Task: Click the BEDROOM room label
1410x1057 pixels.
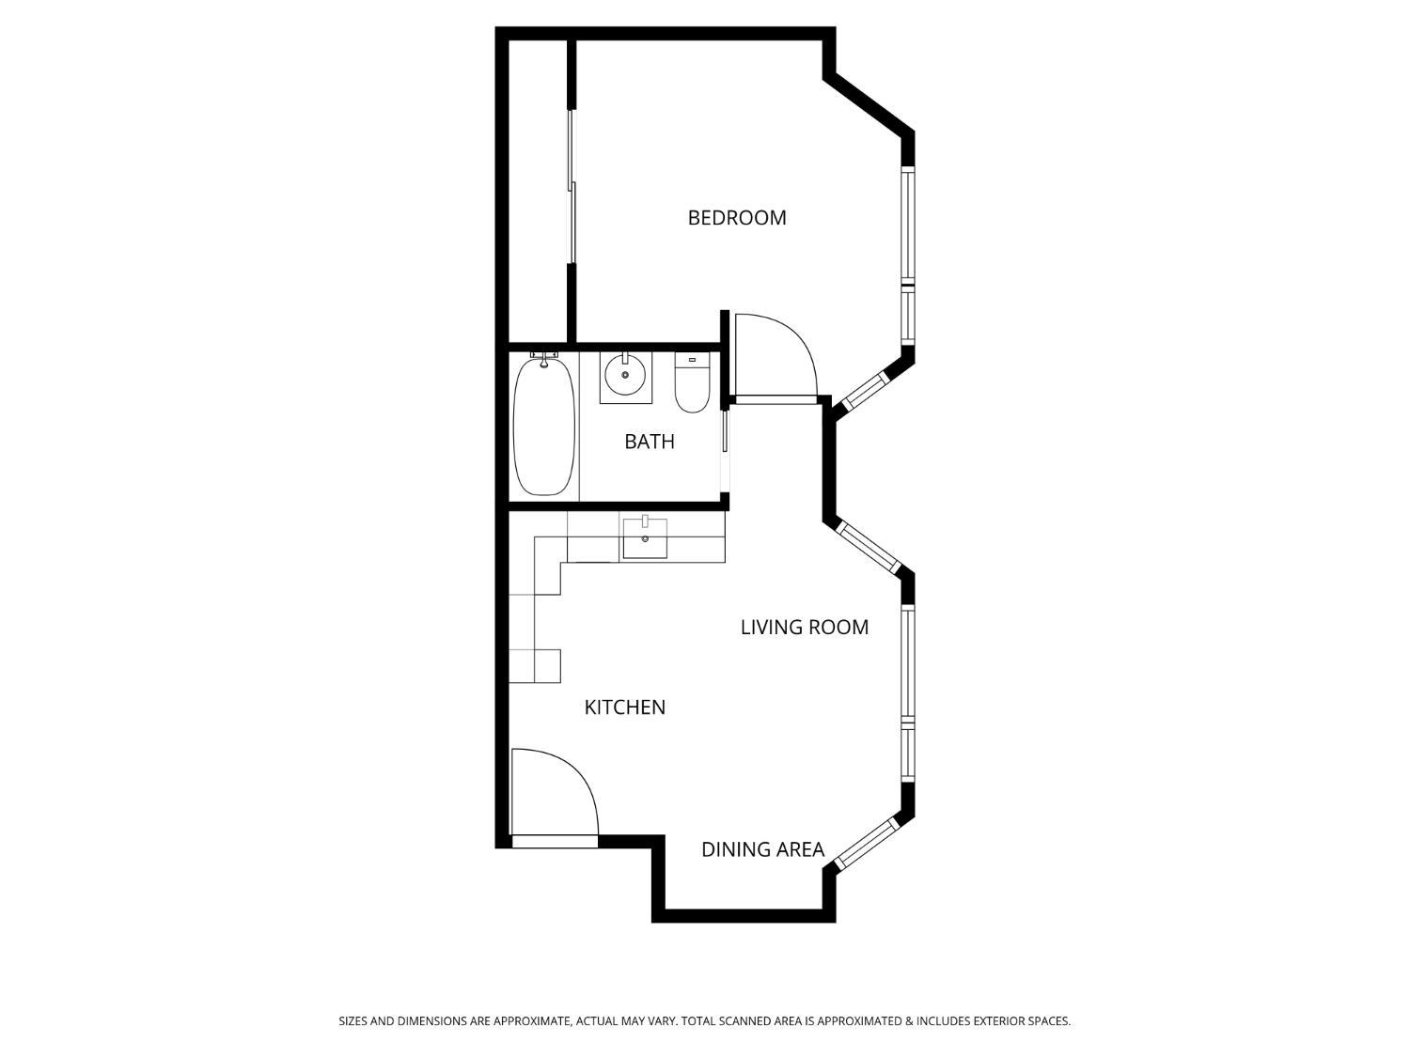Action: point(737,218)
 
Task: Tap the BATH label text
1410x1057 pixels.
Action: point(650,442)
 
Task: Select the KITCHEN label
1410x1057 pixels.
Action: point(625,707)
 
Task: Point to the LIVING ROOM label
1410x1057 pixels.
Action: point(805,628)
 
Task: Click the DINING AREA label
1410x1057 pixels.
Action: point(762,849)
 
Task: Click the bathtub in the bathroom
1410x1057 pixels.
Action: point(544,427)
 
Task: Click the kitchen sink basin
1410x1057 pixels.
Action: point(645,539)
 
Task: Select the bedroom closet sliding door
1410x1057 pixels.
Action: point(572,188)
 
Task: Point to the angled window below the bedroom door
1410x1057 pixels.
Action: point(865,391)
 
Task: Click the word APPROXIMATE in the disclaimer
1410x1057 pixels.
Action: point(533,1021)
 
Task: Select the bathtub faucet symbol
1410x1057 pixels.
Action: point(543,359)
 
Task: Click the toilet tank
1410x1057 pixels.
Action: point(692,359)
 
